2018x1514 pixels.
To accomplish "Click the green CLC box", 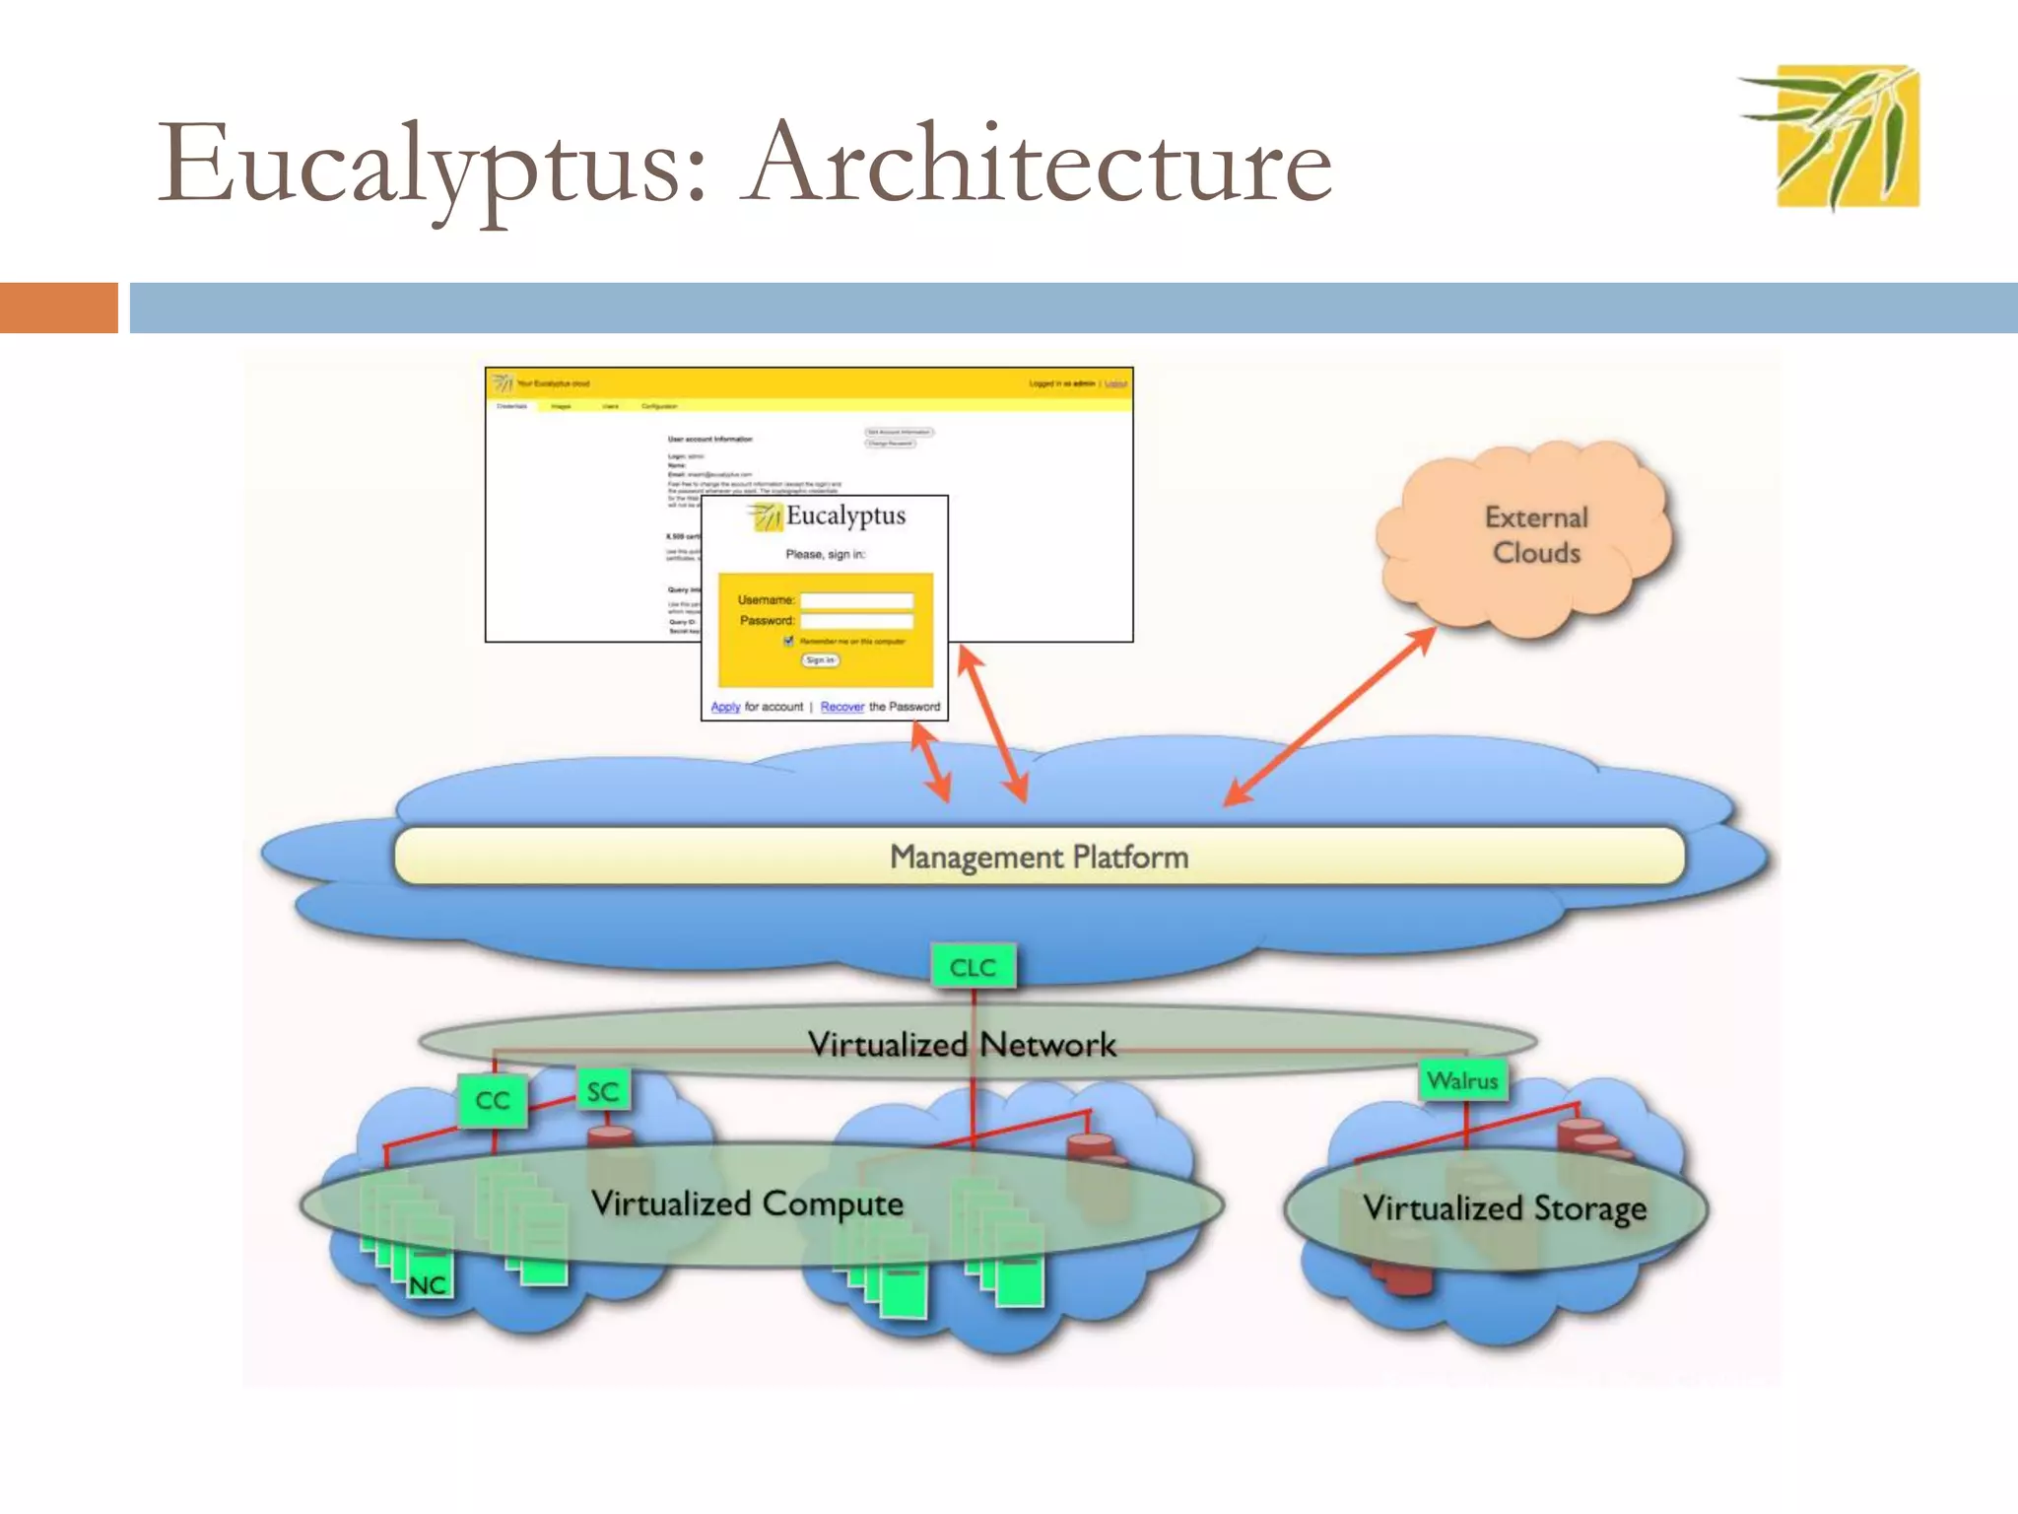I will (973, 967).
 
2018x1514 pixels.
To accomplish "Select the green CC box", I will (493, 1100).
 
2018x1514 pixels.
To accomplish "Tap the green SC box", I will (602, 1091).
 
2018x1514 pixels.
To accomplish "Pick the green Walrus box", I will (1463, 1080).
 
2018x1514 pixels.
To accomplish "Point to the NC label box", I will (429, 1284).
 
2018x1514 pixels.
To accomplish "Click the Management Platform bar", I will (1039, 857).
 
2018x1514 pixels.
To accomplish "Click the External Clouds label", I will (1536, 535).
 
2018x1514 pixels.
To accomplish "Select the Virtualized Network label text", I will (962, 1044).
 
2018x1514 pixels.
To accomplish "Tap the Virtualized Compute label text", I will (747, 1204).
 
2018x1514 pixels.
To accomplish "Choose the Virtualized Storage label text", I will (1505, 1207).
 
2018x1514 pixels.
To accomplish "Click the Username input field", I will (856, 600).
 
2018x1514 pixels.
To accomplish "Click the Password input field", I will (856, 621).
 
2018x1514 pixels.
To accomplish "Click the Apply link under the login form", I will (725, 707).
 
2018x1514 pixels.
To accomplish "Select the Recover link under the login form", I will (841, 707).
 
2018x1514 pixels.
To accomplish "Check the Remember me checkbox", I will (788, 641).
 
